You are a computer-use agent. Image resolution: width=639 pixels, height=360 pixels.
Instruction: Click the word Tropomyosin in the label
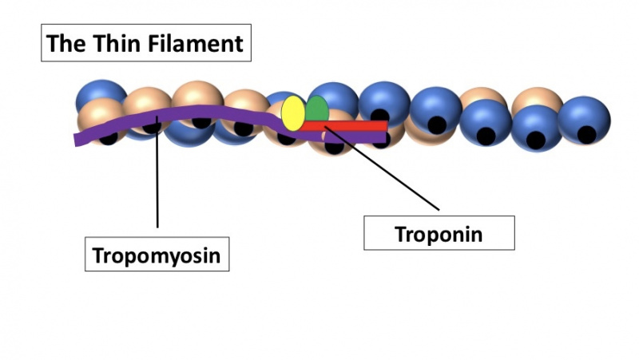coord(157,256)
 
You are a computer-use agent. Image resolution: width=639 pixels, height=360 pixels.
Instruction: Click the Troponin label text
coord(439,234)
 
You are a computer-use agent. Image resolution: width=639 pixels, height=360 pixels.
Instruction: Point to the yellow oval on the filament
coord(292,113)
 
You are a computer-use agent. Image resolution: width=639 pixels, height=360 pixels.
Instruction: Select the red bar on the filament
coord(351,125)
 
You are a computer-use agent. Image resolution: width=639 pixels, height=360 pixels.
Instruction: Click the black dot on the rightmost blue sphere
coord(586,134)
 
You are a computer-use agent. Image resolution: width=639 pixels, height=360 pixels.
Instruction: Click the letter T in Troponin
coord(400,233)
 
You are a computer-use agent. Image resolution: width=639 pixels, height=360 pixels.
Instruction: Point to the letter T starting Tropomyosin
coord(98,255)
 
